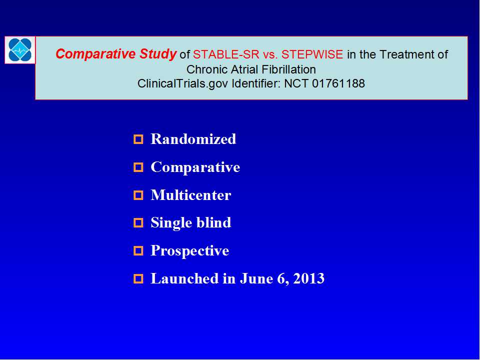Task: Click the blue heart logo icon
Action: [x=20, y=49]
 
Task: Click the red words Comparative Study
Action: [x=115, y=54]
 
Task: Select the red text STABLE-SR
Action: [x=226, y=54]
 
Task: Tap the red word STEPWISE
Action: [x=312, y=54]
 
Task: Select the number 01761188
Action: [x=338, y=83]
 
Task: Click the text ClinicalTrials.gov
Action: [x=183, y=83]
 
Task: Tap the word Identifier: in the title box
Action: [x=256, y=83]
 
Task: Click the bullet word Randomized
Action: [x=193, y=139]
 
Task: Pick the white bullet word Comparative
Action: [x=195, y=167]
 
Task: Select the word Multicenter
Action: [x=190, y=195]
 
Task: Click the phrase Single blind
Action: [x=190, y=222]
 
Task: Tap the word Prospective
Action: [x=190, y=250]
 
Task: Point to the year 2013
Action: [x=308, y=278]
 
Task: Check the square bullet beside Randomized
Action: [x=138, y=139]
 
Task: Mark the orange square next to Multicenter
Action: [x=138, y=195]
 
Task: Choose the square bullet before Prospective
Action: [x=138, y=251]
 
